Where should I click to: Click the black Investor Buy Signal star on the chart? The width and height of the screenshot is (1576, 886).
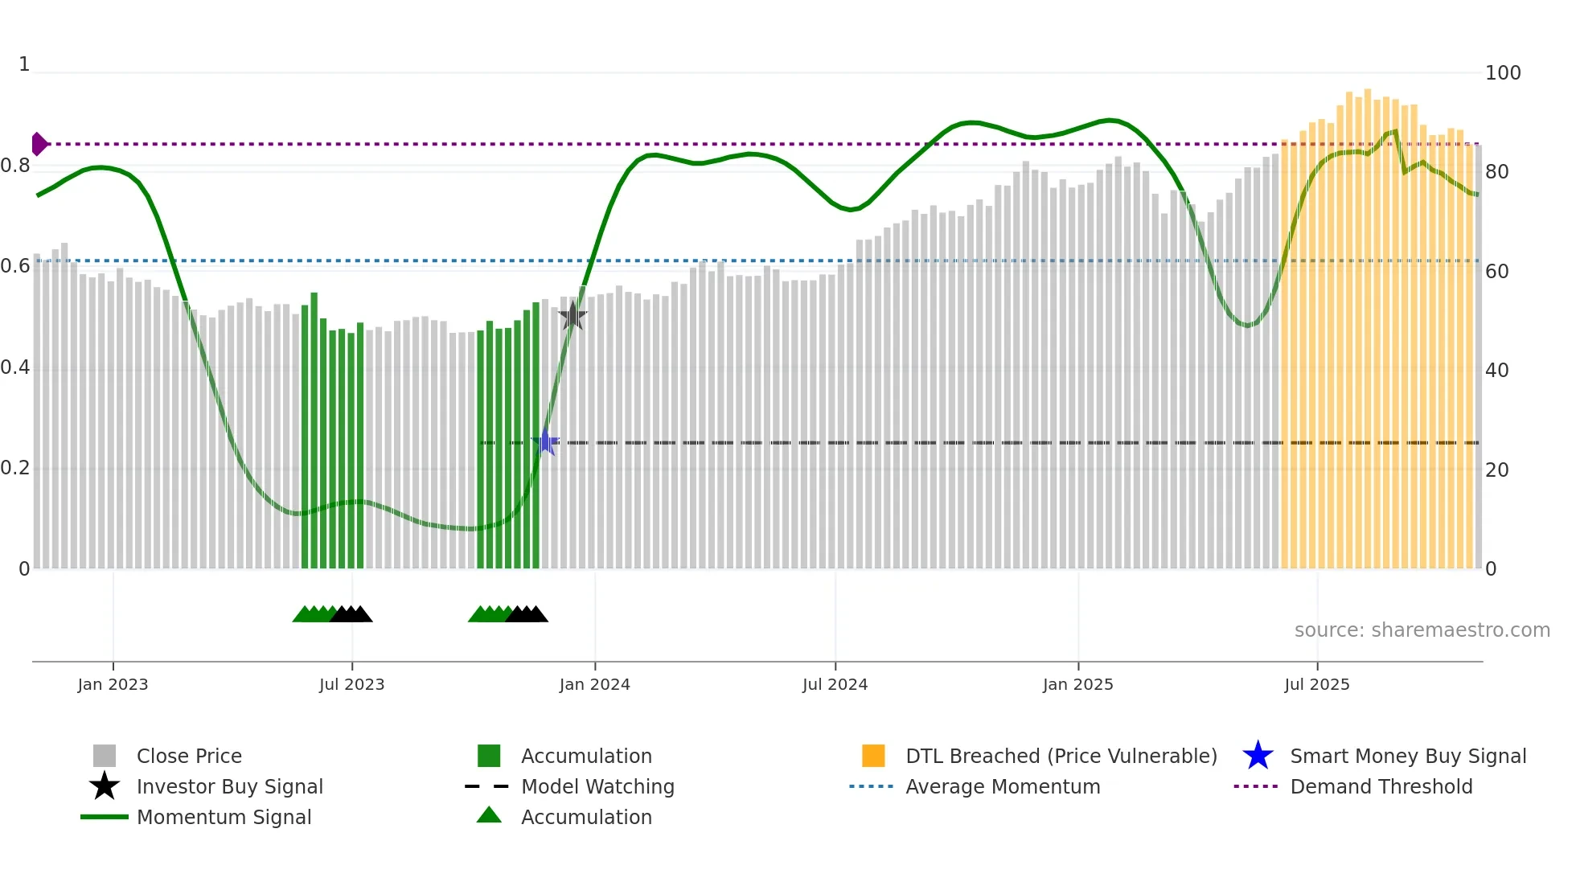pyautogui.click(x=572, y=316)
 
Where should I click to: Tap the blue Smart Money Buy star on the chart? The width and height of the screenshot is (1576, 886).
pyautogui.click(x=545, y=442)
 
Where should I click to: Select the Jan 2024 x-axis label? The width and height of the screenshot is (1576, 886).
pyautogui.click(x=594, y=684)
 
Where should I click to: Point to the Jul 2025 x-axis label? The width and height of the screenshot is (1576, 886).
pyautogui.click(x=1316, y=684)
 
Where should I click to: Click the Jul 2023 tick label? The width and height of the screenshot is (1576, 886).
pyautogui.click(x=351, y=684)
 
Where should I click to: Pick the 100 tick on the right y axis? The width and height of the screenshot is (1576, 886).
pyautogui.click(x=1502, y=73)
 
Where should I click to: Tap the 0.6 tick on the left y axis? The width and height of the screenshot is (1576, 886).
pyautogui.click(x=15, y=266)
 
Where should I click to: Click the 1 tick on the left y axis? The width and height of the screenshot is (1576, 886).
pyautogui.click(x=24, y=64)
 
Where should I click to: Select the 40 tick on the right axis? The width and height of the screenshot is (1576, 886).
pyautogui.click(x=1496, y=371)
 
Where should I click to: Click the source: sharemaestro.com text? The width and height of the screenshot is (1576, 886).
pyautogui.click(x=1422, y=630)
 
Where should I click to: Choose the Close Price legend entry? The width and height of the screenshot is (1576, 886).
pyautogui.click(x=189, y=756)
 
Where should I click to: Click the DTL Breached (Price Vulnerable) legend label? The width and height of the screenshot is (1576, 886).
pyautogui.click(x=1061, y=756)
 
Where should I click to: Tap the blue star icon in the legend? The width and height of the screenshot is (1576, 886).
pyautogui.click(x=1258, y=756)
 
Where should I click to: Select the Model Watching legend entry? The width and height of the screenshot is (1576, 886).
pyautogui.click(x=597, y=786)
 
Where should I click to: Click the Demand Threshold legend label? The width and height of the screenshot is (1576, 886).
pyautogui.click(x=1381, y=786)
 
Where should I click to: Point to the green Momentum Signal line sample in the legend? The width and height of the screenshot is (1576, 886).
pyautogui.click(x=105, y=817)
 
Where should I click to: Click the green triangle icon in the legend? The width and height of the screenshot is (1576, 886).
pyautogui.click(x=489, y=815)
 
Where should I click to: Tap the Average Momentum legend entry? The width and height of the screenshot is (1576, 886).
pyautogui.click(x=1002, y=786)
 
